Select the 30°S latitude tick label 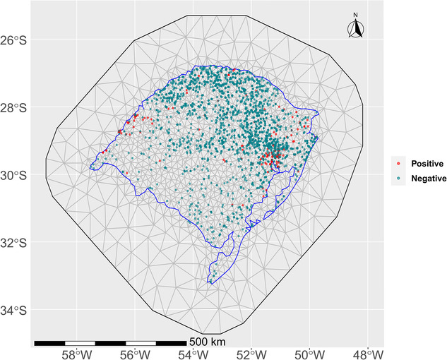(16, 176)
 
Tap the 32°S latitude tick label (16, 244)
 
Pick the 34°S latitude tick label (16, 311)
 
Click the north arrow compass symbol (356, 29)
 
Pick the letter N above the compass (356, 15)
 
